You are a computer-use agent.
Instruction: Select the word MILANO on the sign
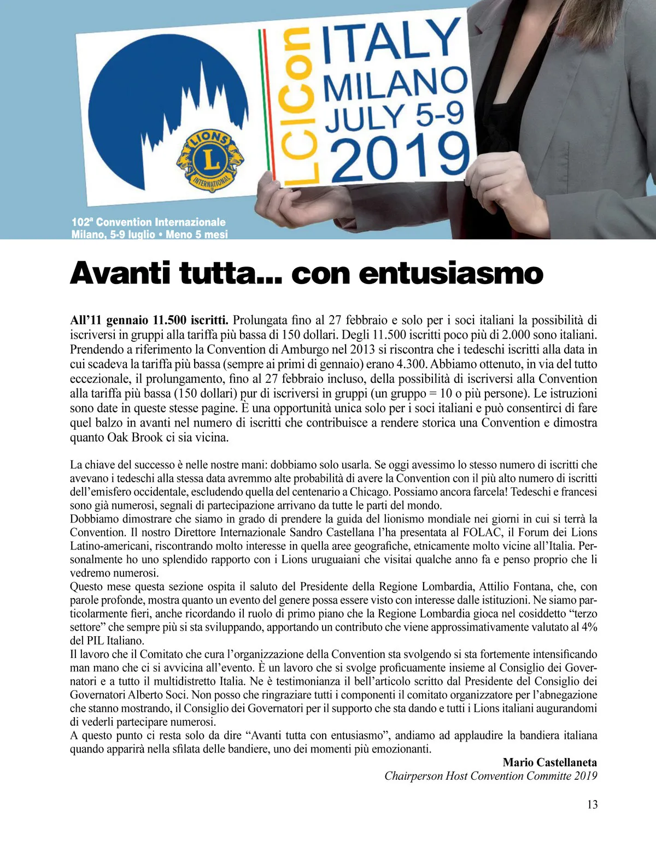tap(395, 86)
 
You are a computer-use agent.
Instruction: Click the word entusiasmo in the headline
tap(450, 273)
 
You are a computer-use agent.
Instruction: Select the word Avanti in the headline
tap(120, 273)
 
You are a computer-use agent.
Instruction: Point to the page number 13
tap(592, 804)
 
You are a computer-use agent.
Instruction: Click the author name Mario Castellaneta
tap(549, 762)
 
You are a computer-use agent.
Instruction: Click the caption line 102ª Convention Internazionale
tap(149, 222)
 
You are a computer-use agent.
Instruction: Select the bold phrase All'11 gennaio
tap(109, 320)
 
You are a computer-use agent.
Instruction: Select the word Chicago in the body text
tap(371, 491)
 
